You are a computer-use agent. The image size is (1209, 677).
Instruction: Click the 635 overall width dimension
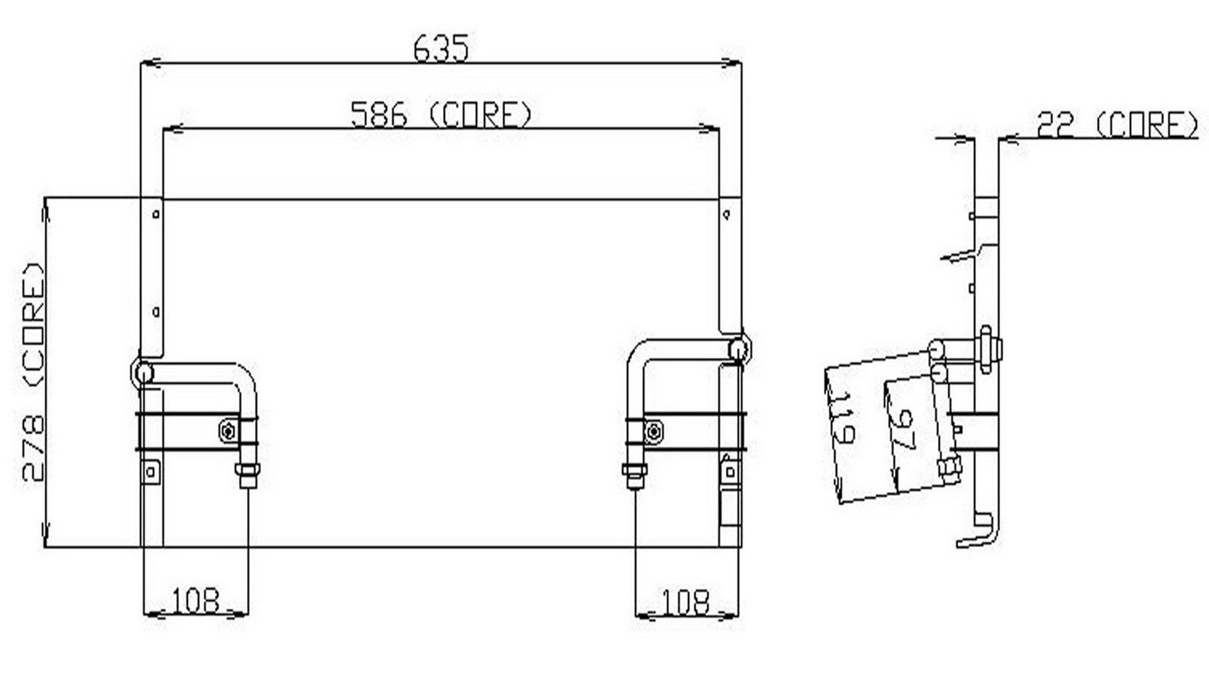(x=441, y=48)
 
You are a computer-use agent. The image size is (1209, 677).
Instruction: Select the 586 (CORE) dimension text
(x=441, y=114)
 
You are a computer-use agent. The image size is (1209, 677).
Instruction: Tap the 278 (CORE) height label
(x=33, y=372)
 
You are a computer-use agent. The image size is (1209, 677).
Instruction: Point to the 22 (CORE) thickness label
(x=1117, y=124)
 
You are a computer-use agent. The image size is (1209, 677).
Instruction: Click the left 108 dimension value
(x=196, y=601)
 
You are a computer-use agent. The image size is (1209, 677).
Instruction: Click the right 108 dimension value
(x=685, y=601)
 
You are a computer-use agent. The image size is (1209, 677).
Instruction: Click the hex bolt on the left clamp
(x=228, y=432)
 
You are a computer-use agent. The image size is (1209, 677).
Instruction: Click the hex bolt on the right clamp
(x=653, y=432)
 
